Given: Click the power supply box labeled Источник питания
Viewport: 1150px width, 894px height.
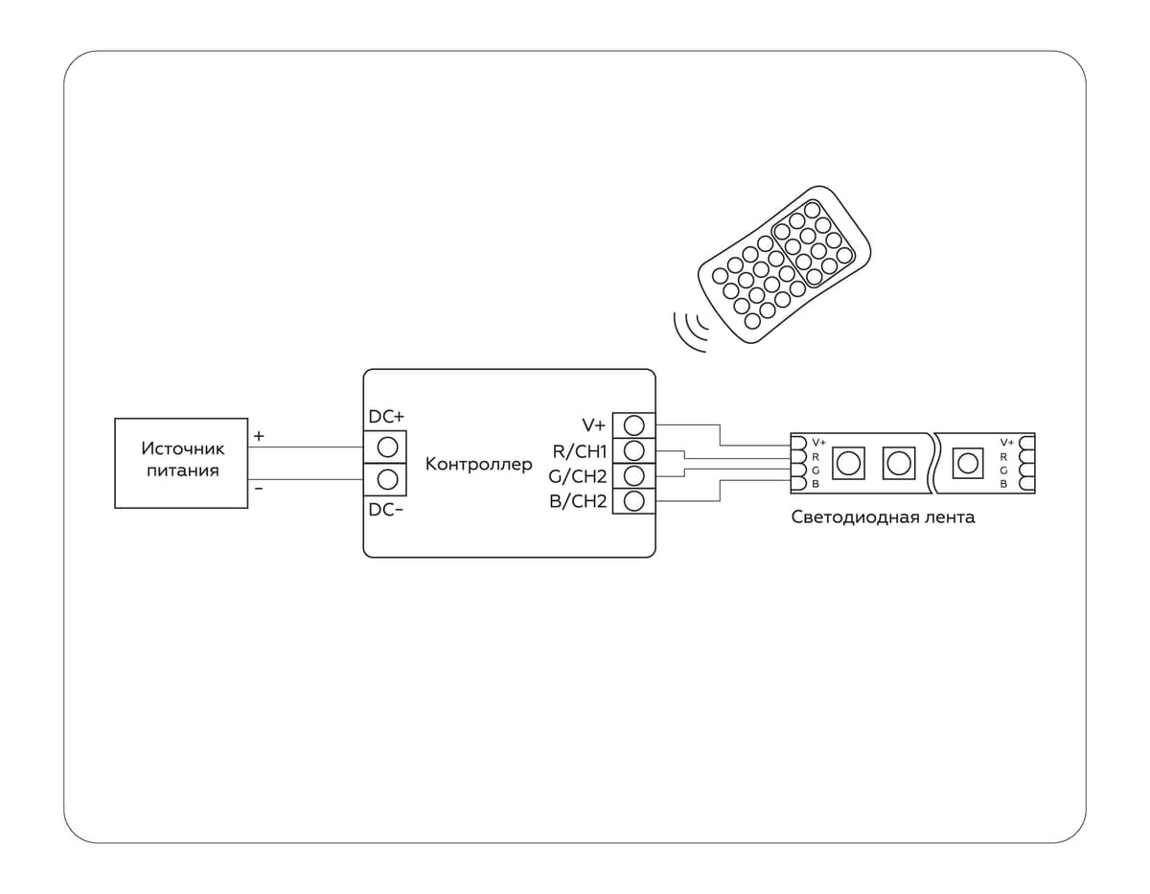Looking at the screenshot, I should (x=181, y=462).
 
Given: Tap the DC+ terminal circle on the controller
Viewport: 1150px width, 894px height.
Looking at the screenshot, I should (x=387, y=447).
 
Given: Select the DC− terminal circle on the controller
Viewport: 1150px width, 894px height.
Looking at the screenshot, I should (x=387, y=479).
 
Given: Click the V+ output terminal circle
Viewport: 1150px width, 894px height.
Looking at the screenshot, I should (x=633, y=424).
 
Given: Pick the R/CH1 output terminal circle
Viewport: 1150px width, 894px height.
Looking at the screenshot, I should (x=633, y=449).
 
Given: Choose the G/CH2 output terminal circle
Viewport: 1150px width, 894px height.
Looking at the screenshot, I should (x=633, y=475).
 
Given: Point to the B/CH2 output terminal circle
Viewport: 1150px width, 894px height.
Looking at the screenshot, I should (x=633, y=500).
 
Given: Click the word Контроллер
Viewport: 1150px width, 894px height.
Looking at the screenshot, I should (x=478, y=465).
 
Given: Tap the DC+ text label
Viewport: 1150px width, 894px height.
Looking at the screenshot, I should (x=386, y=418).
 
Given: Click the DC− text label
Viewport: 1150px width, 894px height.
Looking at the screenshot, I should (x=386, y=510).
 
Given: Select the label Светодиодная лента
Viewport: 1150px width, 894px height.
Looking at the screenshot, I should (x=883, y=517).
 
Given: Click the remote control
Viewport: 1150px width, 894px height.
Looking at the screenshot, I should (x=784, y=261).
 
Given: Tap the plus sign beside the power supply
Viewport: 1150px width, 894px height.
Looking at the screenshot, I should (x=259, y=436).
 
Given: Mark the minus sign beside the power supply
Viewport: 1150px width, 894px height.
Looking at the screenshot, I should (x=259, y=489).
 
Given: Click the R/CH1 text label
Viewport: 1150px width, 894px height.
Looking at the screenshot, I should (x=580, y=450).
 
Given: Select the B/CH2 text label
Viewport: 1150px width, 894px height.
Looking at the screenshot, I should (x=579, y=501).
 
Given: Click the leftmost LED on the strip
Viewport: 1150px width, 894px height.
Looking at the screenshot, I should (x=848, y=464).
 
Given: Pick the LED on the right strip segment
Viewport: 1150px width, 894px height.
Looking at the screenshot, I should (x=968, y=464).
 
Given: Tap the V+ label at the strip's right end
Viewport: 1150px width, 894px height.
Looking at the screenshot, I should (x=1006, y=443).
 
